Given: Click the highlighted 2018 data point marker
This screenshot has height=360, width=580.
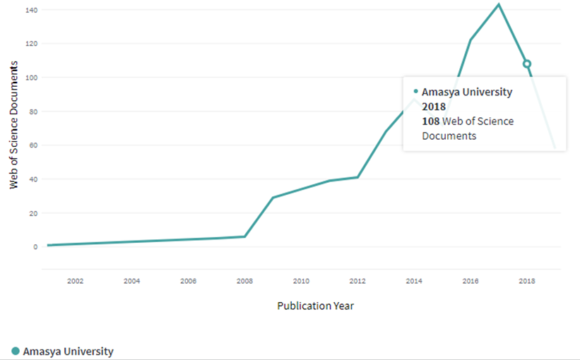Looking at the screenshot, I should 526,64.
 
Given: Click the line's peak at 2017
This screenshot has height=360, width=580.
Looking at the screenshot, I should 499,4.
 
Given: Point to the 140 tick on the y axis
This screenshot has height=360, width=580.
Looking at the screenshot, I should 31,10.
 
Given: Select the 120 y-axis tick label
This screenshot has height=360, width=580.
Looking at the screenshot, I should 31,44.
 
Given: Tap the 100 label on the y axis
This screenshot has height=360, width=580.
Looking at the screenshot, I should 31,78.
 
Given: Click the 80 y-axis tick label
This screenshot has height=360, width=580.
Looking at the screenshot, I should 32,112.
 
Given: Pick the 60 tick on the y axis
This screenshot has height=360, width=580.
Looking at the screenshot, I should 32,145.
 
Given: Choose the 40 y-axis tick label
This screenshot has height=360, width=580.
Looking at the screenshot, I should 32,179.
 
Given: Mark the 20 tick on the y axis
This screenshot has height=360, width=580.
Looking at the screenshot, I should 32,213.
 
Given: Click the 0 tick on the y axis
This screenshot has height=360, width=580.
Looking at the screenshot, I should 35,247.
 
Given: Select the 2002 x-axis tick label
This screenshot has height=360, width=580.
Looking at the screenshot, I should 76,281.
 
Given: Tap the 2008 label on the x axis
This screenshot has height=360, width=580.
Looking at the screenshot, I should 244,281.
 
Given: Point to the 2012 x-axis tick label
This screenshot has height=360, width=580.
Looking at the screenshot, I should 357,281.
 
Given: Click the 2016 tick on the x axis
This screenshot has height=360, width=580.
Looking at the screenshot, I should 470,281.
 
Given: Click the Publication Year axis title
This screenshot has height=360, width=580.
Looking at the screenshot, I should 315,306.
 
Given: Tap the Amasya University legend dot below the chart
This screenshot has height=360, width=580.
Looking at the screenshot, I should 15,351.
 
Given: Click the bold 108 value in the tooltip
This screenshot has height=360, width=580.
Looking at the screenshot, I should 430,121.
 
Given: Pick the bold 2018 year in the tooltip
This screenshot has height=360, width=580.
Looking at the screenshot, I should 434,107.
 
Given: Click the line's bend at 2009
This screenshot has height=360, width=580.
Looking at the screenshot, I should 273,198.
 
